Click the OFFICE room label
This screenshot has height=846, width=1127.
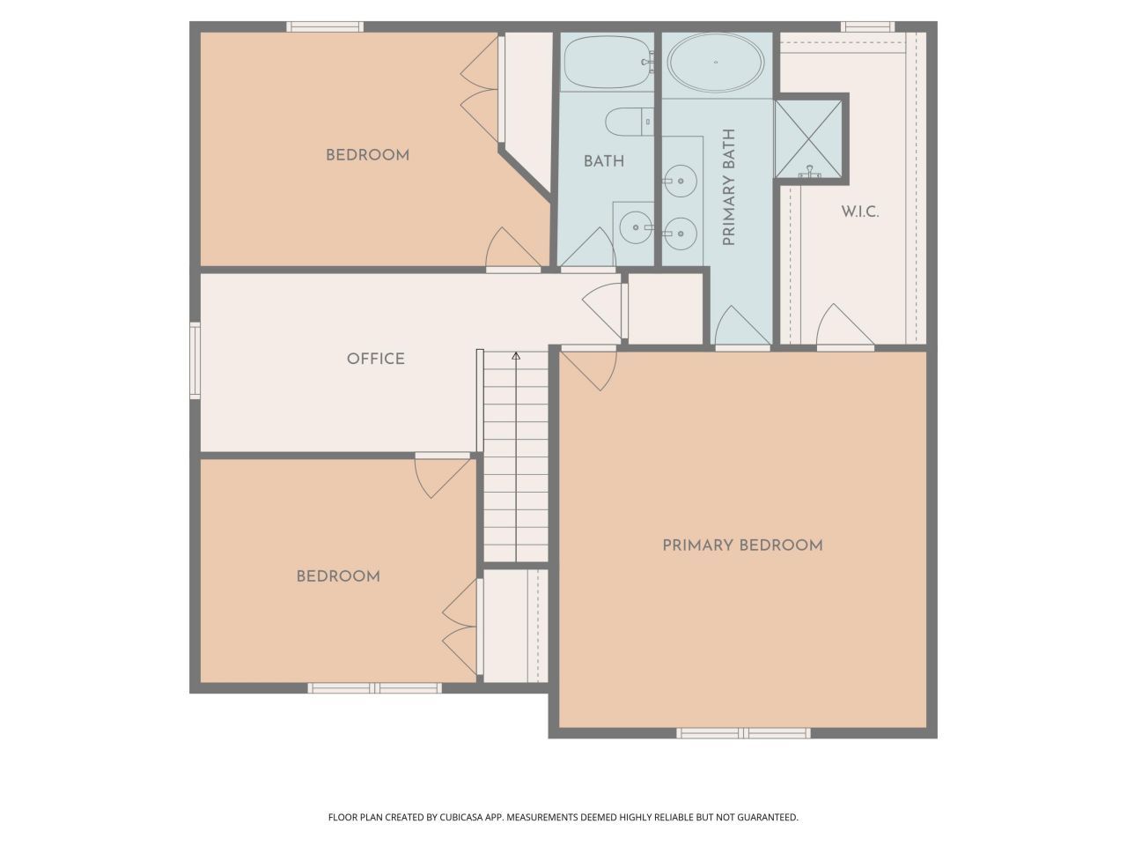[375, 359]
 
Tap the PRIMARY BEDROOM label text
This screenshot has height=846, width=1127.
[742, 545]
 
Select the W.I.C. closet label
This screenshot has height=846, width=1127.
[859, 212]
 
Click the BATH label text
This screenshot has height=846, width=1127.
[604, 161]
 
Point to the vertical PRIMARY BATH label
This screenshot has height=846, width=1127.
[729, 188]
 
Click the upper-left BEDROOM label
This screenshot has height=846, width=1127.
[367, 155]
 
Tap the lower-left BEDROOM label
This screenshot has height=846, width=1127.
[338, 576]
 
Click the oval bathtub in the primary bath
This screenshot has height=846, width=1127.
[715, 63]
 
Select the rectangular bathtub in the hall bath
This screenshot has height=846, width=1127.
[607, 62]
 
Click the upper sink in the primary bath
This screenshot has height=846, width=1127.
[679, 181]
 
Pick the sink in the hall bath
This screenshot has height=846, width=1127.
[634, 227]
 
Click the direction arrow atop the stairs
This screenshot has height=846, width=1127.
[516, 356]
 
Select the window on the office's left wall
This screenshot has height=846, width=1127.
[195, 360]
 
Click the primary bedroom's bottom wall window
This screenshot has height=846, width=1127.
[743, 732]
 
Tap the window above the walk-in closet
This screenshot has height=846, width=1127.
[867, 26]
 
